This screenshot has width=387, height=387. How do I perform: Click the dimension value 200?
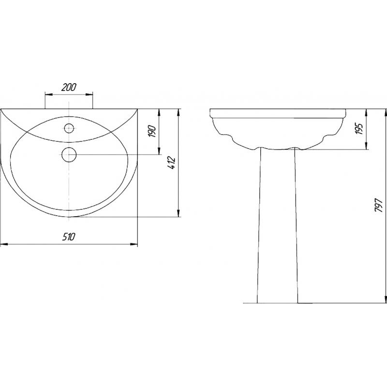coord(69,87)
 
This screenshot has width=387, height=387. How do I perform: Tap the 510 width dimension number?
coord(68,237)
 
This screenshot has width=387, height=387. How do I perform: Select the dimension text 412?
coord(172,163)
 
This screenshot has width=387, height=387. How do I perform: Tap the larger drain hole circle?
coord(69,154)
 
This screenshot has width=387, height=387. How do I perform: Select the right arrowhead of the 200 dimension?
coord(89,94)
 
